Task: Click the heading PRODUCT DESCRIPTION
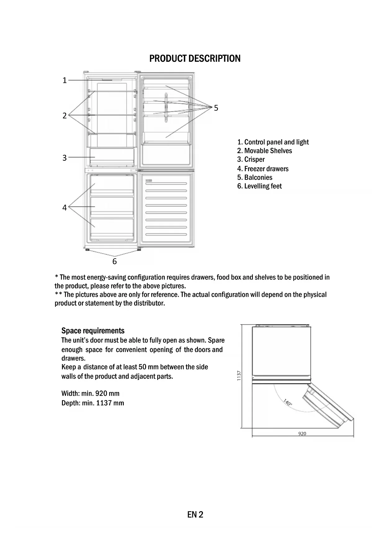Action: [195, 59]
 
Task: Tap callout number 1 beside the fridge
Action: [65, 81]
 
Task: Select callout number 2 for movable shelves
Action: [65, 116]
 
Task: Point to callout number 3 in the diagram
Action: [65, 158]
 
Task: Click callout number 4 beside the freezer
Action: [65, 207]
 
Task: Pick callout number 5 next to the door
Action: [216, 108]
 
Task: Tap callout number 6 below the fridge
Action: [114, 261]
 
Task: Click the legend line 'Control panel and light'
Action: [273, 142]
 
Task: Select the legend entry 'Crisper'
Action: [251, 159]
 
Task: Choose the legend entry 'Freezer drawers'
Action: [263, 169]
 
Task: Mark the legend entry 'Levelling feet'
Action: [260, 186]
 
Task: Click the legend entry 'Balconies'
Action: [255, 177]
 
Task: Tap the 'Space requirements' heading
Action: [93, 331]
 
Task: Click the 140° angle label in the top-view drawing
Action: [288, 403]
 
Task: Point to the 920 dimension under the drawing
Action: [302, 434]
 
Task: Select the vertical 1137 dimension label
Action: [239, 376]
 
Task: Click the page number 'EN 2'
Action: [195, 515]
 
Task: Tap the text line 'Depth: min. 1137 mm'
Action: [92, 403]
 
